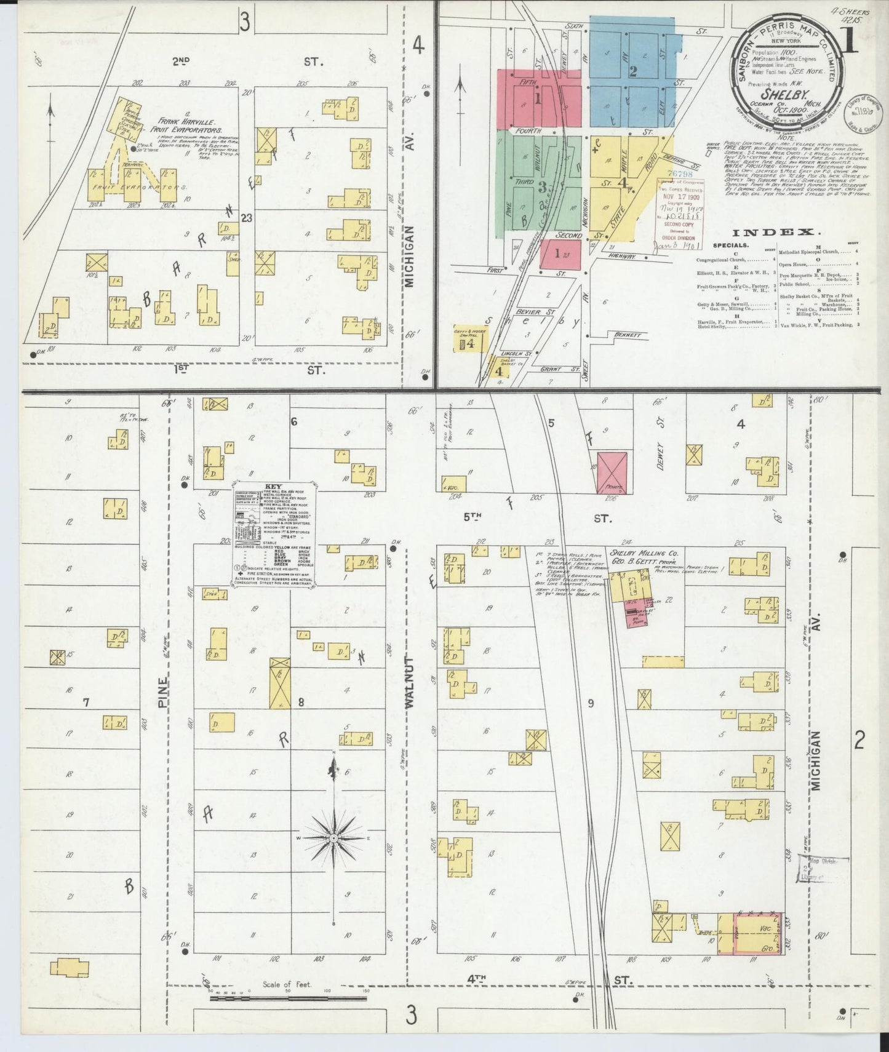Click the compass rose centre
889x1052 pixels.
[333, 839]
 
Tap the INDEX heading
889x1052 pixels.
[776, 232]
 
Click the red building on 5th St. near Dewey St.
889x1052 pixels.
[613, 472]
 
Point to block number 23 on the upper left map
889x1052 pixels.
[247, 217]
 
